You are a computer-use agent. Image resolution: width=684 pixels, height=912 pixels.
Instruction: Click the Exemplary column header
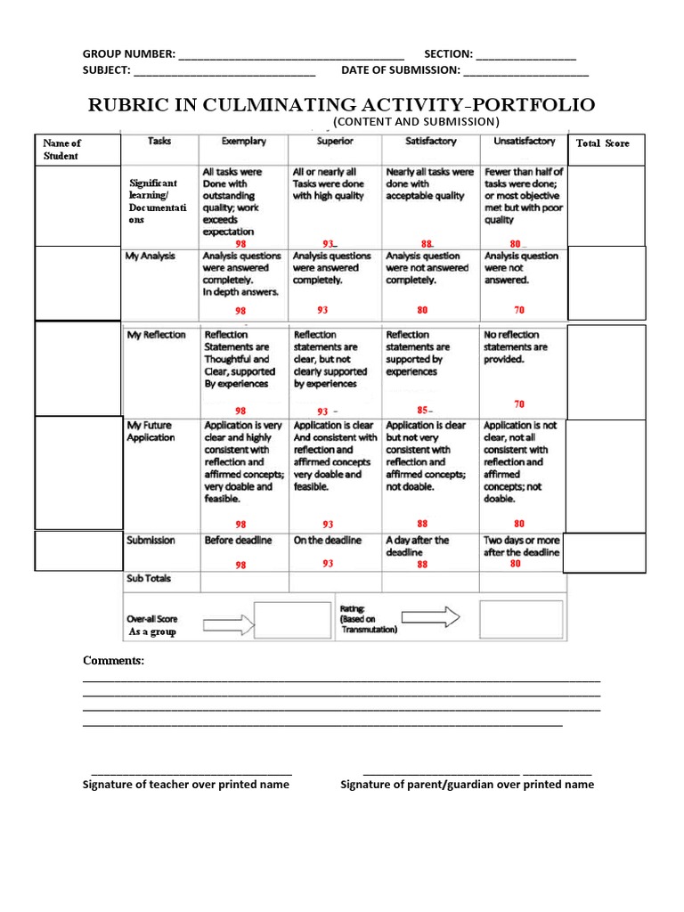[243, 141]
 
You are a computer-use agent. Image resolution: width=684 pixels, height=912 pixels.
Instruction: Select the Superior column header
[334, 141]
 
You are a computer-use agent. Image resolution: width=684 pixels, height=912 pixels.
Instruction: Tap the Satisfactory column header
[430, 141]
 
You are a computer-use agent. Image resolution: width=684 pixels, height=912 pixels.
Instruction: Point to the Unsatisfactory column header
[524, 141]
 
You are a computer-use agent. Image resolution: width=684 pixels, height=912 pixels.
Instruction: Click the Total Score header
[603, 142]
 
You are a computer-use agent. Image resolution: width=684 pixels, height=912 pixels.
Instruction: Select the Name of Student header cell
[61, 149]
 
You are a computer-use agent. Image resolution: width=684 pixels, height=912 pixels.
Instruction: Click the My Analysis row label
[151, 256]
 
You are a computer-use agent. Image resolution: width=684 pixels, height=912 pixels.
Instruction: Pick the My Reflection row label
[156, 335]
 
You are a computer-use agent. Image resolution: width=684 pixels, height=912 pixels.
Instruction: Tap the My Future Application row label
[151, 431]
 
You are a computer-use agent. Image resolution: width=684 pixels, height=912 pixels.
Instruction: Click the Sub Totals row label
[149, 578]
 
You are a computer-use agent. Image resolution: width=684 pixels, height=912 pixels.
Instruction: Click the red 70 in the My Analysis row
[519, 310]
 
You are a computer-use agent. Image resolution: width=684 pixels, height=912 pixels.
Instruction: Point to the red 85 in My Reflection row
[423, 411]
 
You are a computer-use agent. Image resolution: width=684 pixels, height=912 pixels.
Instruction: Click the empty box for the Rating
[521, 617]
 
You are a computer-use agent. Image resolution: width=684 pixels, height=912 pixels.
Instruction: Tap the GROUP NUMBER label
[128, 53]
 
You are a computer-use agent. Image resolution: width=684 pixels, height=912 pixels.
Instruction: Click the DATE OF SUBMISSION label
[400, 69]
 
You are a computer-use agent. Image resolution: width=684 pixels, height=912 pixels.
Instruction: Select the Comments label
[113, 660]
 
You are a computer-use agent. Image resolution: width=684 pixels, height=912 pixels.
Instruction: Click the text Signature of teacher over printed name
[185, 784]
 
